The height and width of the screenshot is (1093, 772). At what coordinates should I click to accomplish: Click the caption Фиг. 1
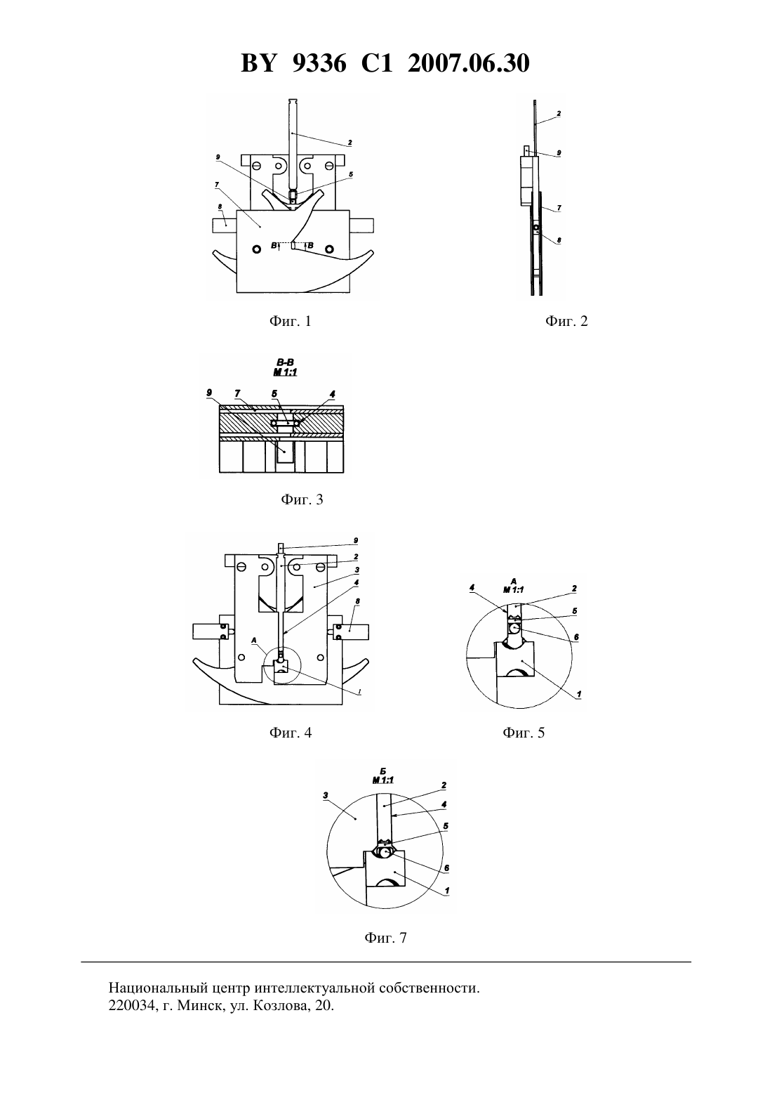pos(290,321)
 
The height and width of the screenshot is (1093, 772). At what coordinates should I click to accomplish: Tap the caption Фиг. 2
pos(566,321)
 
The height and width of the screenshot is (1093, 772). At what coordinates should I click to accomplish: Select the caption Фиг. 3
pos(302,499)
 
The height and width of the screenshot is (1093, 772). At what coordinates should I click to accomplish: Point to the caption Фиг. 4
pos(290,733)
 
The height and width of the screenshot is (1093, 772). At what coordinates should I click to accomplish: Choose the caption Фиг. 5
pos(524,733)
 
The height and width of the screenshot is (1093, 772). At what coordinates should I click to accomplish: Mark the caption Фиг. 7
pos(385,937)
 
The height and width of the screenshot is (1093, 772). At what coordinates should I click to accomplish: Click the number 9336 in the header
pos(319,63)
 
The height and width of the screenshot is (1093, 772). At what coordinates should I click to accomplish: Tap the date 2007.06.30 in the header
pos(468,63)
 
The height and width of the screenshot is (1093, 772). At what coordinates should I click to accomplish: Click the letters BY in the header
pos(258,63)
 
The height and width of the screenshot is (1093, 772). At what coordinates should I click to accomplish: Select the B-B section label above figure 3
pos(285,362)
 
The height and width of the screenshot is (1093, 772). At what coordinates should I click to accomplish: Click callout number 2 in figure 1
pos(350,143)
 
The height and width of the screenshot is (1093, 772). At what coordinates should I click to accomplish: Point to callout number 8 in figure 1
pos(220,207)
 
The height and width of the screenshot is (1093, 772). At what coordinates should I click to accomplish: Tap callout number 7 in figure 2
pos(559,208)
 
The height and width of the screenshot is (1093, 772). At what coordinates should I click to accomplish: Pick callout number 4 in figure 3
pos(333,394)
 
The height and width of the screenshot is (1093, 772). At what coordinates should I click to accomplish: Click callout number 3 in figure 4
pos(357,570)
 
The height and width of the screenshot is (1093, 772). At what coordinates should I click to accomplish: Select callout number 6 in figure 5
pos(577,637)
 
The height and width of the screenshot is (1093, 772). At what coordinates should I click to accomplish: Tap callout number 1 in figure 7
pos(447,891)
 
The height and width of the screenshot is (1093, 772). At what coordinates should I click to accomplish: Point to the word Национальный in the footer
pos(159,988)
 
